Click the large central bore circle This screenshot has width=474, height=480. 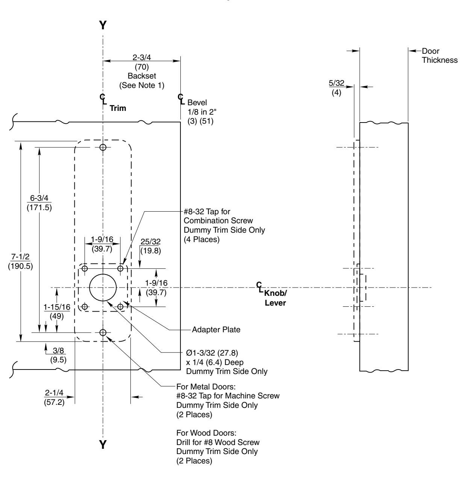[103, 288]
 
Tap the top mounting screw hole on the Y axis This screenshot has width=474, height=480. [103, 147]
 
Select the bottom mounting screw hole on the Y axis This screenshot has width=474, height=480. [103, 332]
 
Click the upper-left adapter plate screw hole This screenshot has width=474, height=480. [85, 268]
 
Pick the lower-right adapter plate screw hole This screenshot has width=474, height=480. [121, 307]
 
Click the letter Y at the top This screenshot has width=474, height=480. [103, 25]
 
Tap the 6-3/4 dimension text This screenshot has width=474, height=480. [39, 198]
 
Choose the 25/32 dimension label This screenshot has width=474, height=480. [150, 242]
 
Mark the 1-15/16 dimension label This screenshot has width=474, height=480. [57, 307]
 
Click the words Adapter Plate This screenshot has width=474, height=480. [216, 330]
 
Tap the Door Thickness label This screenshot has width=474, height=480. [439, 56]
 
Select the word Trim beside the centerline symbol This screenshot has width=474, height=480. [118, 108]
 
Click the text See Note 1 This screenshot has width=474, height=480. [142, 85]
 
